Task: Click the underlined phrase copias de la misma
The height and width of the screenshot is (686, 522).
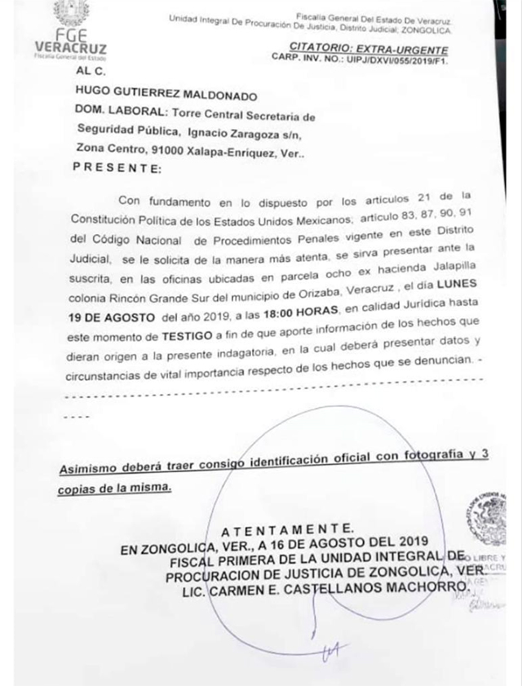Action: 115,487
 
